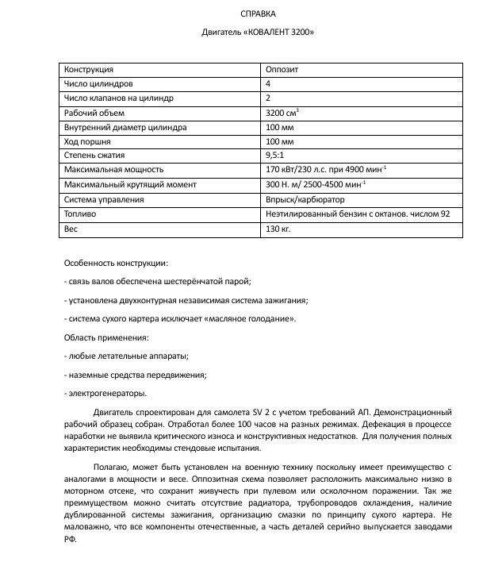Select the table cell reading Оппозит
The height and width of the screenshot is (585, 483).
[x=282, y=69]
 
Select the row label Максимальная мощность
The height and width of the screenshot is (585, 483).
[x=113, y=169]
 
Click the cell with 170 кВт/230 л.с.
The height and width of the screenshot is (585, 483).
[x=326, y=169]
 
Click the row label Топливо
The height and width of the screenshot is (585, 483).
[x=80, y=214]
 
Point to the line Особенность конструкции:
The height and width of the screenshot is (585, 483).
[x=116, y=263]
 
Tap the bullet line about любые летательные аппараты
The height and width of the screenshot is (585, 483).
[x=125, y=356]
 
